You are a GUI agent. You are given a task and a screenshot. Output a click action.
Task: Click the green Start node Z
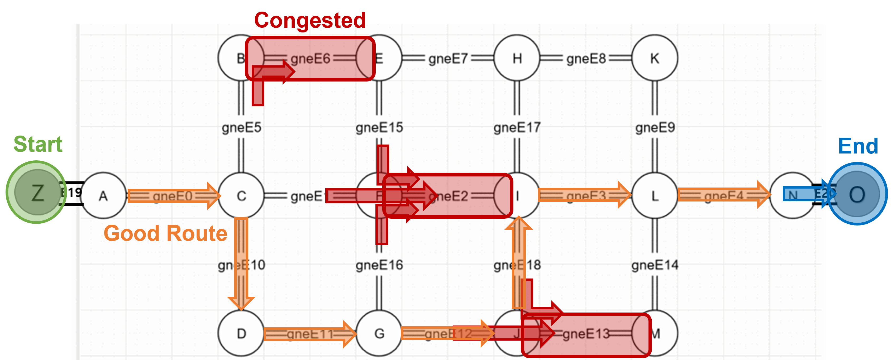[x=37, y=193]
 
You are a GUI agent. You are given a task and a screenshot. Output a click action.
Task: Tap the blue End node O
[x=857, y=194]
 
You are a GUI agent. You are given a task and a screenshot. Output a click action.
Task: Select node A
[x=103, y=196]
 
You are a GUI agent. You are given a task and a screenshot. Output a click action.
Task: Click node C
[x=241, y=196]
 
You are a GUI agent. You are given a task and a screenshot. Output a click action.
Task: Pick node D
[x=241, y=333]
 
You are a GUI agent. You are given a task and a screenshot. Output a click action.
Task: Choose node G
[x=379, y=333]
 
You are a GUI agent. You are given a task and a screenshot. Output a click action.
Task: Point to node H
[x=517, y=58]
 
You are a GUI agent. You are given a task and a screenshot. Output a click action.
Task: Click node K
[x=655, y=58]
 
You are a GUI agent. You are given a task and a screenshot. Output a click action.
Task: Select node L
[x=655, y=196]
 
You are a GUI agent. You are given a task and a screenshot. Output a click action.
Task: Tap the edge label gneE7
[x=448, y=59]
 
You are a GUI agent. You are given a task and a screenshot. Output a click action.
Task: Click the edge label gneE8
[x=586, y=59]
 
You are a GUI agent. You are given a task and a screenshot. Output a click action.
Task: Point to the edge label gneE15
[x=379, y=127]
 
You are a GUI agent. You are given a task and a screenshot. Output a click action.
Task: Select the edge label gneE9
[x=655, y=127]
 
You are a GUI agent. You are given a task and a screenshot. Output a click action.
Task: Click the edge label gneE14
[x=655, y=265]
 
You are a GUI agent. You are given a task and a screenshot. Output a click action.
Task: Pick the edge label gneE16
[x=379, y=265]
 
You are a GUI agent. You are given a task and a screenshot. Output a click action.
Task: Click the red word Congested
[x=310, y=20]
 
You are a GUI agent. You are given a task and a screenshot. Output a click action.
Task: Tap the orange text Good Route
[x=165, y=233]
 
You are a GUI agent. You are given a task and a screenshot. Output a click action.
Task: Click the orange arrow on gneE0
[x=173, y=196]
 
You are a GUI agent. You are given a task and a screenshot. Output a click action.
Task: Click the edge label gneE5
[x=241, y=127]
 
